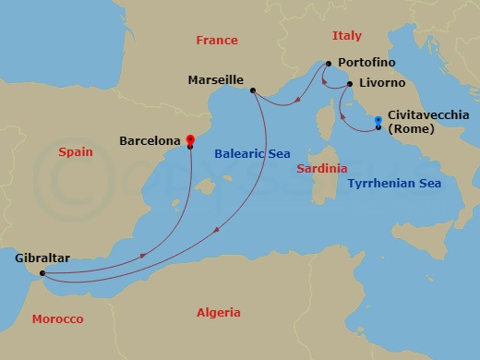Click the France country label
click(217, 41)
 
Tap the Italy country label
click(347, 35)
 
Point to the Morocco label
click(57, 318)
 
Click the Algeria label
click(219, 313)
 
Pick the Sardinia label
click(322, 169)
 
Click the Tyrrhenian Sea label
click(394, 184)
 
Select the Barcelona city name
click(150, 141)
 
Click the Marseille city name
click(215, 80)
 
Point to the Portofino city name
click(366, 62)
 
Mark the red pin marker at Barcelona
click(189, 138)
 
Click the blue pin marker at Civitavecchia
click(378, 120)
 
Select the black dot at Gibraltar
click(42, 273)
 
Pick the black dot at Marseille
click(253, 90)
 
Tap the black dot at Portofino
click(327, 64)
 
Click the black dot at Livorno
click(350, 84)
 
